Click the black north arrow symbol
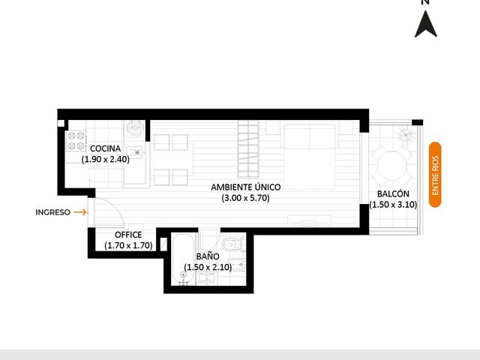pyautogui.click(x=425, y=25)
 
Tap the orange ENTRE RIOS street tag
pyautogui.click(x=435, y=175)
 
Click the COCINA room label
pyautogui.click(x=105, y=148)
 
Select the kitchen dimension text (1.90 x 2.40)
pyautogui.click(x=105, y=159)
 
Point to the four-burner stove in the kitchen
pyautogui.click(x=76, y=140)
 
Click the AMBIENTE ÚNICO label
pyautogui.click(x=246, y=187)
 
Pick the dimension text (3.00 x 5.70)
pyautogui.click(x=246, y=198)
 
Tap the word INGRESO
pyautogui.click(x=53, y=212)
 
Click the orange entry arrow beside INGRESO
pyautogui.click(x=80, y=212)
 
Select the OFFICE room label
pyautogui.click(x=128, y=235)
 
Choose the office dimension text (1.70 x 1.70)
pyautogui.click(x=128, y=245)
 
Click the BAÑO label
pyautogui.click(x=208, y=256)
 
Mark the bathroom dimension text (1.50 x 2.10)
pyautogui.click(x=208, y=267)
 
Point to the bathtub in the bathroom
pyautogui.click(x=183, y=259)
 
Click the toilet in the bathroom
pyautogui.click(x=233, y=244)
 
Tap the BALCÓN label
pyautogui.click(x=393, y=193)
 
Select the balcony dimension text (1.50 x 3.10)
pyautogui.click(x=393, y=205)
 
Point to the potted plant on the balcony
pyautogui.click(x=406, y=134)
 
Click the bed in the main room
pyautogui.click(x=309, y=157)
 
